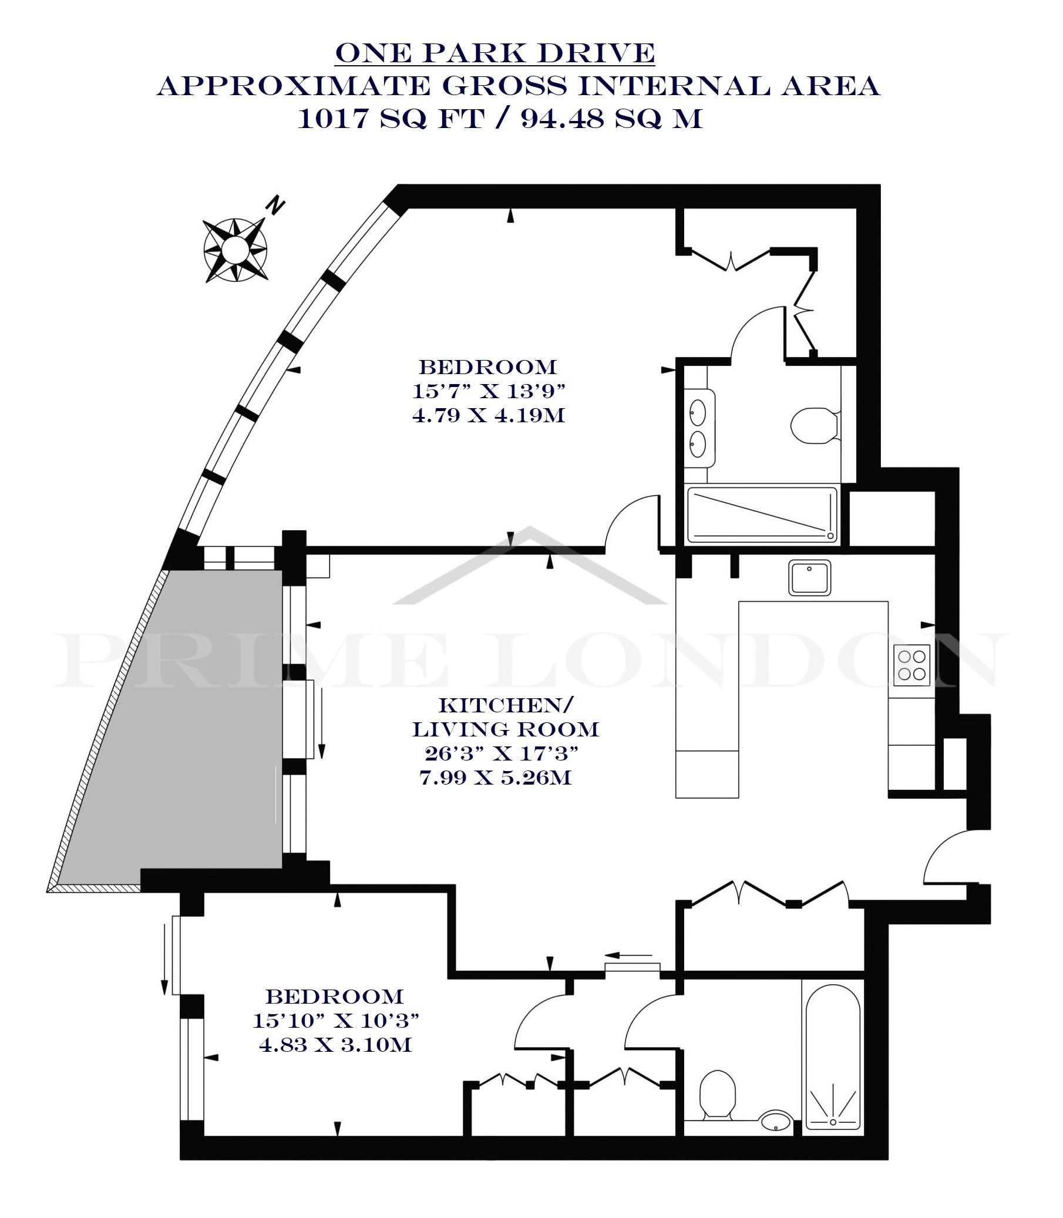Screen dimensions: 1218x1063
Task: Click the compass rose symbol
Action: (x=235, y=250)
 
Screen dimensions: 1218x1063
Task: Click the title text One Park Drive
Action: (x=495, y=53)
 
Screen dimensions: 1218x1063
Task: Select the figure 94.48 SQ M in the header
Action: (x=611, y=119)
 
